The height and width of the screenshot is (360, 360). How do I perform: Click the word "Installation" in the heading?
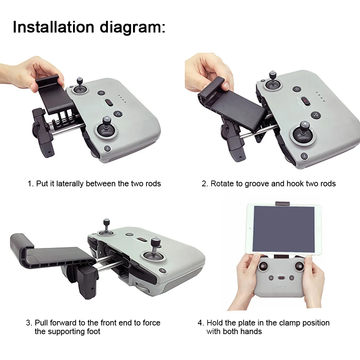54,27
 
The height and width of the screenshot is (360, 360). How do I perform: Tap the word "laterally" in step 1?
70,184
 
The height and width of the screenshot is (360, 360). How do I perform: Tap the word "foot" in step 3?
93,331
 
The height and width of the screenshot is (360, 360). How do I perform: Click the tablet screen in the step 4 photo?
283,229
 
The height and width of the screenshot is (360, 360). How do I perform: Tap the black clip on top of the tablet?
282,204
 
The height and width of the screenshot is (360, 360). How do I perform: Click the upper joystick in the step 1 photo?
80,85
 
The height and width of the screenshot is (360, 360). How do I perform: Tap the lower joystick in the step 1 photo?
106,126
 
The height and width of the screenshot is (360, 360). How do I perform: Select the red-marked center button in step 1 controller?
109,102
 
